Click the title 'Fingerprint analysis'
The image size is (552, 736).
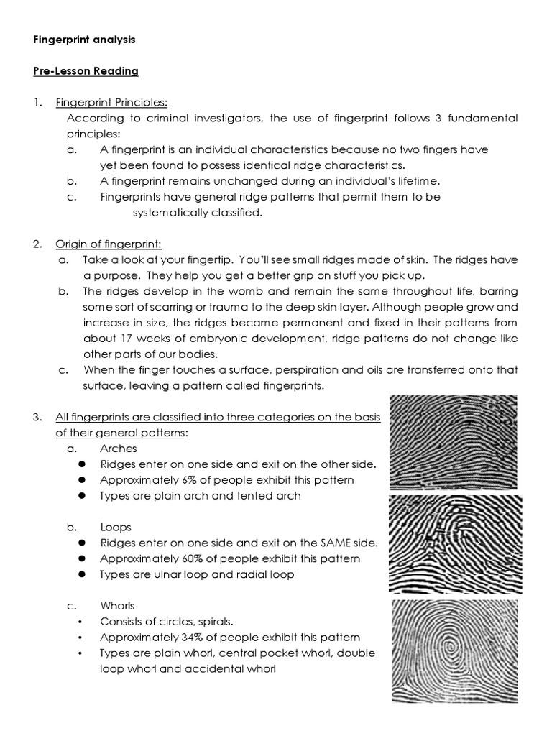(x=84, y=40)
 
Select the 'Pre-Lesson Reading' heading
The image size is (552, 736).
(x=86, y=71)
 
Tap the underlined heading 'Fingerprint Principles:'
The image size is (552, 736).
(x=111, y=102)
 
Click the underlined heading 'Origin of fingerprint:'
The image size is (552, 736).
(x=109, y=244)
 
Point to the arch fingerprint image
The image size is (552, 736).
(x=453, y=443)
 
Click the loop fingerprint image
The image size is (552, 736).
(x=456, y=544)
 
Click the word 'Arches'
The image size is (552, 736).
(x=119, y=448)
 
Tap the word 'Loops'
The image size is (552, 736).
(x=116, y=527)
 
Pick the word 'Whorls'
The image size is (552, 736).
(x=117, y=606)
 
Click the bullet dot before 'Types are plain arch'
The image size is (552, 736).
(x=83, y=496)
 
